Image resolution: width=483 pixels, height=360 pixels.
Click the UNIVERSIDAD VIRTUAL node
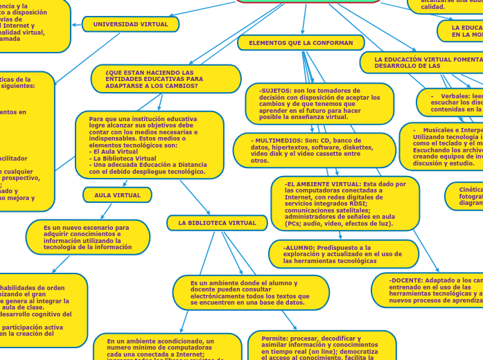(130, 24)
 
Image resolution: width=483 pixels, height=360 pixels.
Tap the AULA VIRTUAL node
(117, 195)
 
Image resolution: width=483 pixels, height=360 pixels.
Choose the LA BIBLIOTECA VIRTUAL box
(217, 223)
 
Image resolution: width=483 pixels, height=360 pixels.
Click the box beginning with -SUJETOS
(319, 104)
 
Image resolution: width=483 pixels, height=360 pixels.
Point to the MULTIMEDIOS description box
(313, 150)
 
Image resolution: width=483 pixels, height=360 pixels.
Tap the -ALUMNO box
(343, 254)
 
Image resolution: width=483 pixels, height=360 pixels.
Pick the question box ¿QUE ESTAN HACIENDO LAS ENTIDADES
(166, 79)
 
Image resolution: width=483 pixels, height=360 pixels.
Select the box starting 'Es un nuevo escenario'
(87, 237)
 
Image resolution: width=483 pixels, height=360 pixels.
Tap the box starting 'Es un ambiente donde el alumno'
(249, 293)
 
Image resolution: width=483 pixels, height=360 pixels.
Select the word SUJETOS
(276, 91)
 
